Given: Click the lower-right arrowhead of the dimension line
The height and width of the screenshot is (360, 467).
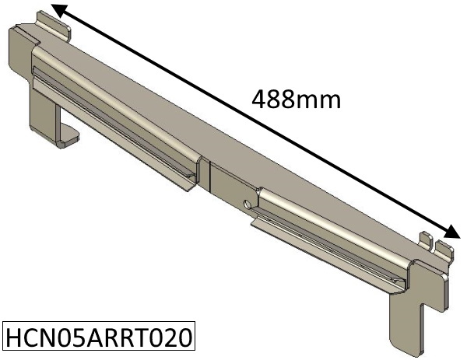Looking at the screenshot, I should click(x=449, y=232).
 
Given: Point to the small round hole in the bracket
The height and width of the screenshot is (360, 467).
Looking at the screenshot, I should click(x=247, y=204).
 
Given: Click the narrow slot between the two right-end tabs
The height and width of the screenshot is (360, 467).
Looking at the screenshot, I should click(x=434, y=244).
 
